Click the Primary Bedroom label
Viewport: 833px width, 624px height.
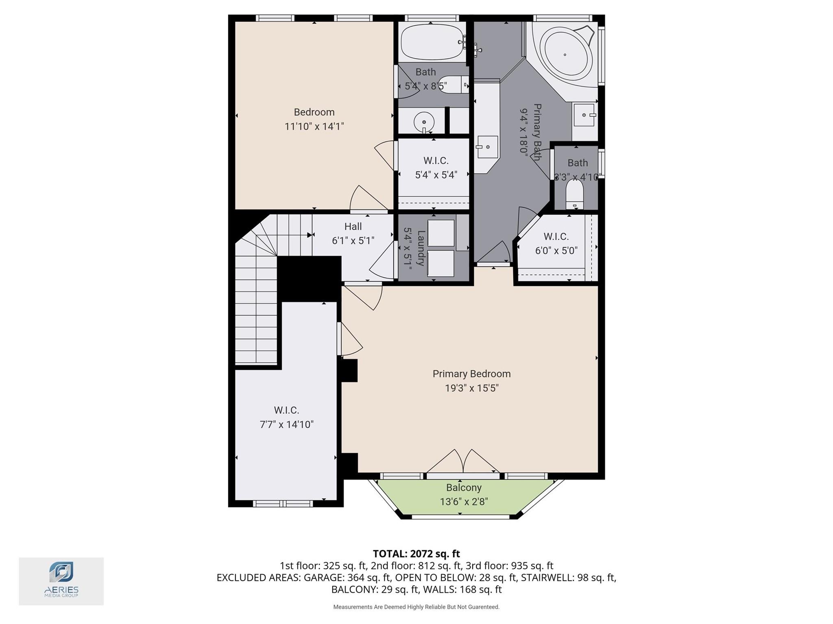(471, 374)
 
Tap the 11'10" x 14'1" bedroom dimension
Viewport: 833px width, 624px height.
(314, 126)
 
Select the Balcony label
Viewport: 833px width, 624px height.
(464, 487)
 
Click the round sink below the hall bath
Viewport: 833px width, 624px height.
(424, 122)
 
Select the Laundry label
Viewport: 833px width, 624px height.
(421, 248)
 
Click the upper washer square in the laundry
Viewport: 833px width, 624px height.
(441, 233)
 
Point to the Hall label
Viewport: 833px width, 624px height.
(353, 226)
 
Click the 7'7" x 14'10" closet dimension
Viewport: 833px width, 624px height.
(287, 424)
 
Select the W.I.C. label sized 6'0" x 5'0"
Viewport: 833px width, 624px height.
(556, 236)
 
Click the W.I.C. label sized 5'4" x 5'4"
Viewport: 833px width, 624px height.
(436, 161)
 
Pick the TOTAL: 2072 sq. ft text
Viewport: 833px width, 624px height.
(416, 553)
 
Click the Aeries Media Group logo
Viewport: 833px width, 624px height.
(61, 581)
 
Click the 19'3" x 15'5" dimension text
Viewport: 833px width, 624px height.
(471, 388)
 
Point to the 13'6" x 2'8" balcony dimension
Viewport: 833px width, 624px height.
(464, 502)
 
